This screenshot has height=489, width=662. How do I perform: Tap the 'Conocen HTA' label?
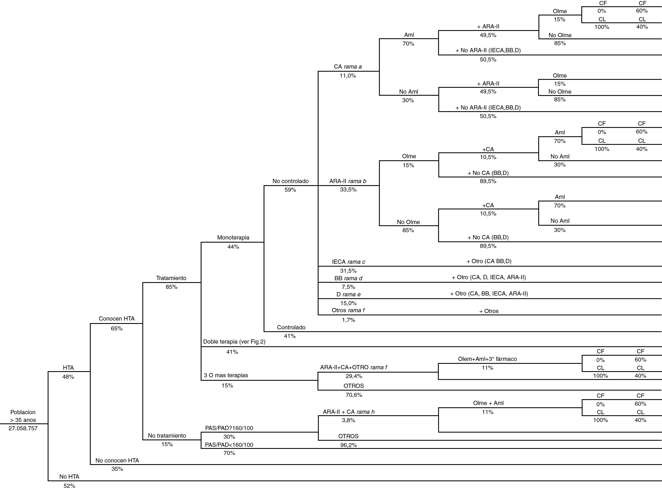click(x=117, y=318)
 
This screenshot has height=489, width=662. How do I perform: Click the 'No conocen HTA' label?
click(x=117, y=460)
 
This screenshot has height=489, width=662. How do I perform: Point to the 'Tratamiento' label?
click(x=171, y=278)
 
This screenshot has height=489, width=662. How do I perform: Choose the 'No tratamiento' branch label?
click(x=167, y=436)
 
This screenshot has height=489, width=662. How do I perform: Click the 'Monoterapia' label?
click(x=233, y=237)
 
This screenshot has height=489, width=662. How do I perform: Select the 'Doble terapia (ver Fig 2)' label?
click(x=234, y=342)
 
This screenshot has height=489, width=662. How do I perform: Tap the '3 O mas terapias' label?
click(x=226, y=375)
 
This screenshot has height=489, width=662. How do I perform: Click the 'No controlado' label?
click(x=290, y=181)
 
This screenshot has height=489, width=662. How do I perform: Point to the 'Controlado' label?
click(x=291, y=327)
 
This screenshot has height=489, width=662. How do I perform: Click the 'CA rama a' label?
click(x=348, y=67)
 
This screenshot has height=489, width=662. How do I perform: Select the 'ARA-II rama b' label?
click(x=348, y=181)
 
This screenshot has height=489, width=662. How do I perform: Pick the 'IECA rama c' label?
click(x=348, y=262)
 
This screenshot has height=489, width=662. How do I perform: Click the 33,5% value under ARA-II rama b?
click(x=348, y=190)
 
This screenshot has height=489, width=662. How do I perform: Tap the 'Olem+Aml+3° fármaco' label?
click(x=487, y=359)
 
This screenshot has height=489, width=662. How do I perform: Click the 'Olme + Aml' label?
click(x=488, y=403)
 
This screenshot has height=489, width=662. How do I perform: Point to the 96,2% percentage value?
click(x=348, y=445)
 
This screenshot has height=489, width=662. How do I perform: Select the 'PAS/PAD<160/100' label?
click(x=229, y=445)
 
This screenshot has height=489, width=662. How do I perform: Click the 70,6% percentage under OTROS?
click(x=354, y=395)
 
